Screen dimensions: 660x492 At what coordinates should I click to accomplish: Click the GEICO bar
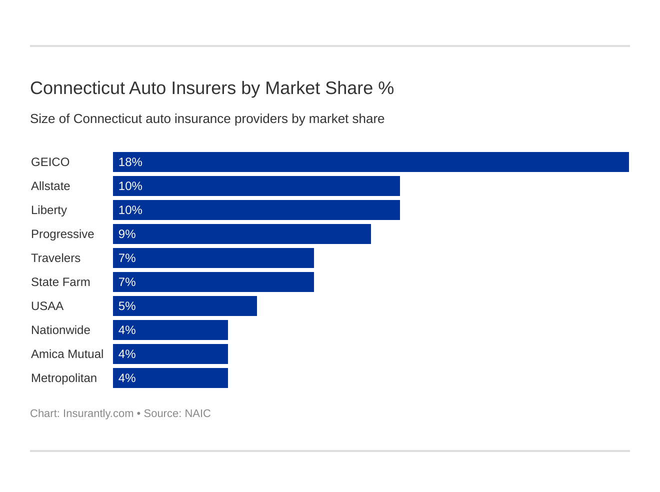point(370,162)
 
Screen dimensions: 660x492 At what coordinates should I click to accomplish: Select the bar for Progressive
point(242,234)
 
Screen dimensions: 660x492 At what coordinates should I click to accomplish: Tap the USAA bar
point(185,306)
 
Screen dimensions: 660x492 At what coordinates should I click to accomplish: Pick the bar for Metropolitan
point(170,378)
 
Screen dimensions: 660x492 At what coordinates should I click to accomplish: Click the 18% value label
point(130,162)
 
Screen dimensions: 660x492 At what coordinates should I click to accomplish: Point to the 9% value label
point(127,234)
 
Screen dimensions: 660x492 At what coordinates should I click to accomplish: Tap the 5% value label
point(127,306)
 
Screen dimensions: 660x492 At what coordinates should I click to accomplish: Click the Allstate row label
point(50,186)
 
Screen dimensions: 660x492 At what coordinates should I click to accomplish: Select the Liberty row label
point(48,210)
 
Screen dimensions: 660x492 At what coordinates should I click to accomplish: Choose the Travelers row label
point(55,258)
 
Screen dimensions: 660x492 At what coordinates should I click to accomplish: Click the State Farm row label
point(60,282)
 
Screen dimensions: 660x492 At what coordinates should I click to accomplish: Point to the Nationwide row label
point(60,330)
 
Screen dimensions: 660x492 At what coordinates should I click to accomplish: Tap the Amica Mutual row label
point(67,354)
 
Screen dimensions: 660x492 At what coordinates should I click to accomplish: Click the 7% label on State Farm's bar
point(127,282)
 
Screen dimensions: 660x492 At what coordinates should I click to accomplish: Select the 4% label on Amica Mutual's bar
point(127,354)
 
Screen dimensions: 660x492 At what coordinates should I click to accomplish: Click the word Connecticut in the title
point(77,88)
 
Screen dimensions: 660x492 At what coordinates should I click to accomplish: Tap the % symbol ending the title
point(386,88)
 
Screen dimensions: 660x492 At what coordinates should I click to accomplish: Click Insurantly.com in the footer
point(98,413)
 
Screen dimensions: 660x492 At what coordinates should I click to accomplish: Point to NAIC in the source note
point(197,413)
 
